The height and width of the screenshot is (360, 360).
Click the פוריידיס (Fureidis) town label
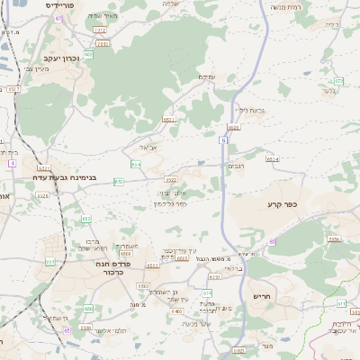(x=60, y=4)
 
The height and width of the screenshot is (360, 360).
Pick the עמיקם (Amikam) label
(x=207, y=76)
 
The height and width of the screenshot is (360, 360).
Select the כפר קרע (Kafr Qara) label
(x=282, y=205)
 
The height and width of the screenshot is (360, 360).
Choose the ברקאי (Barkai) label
(x=233, y=268)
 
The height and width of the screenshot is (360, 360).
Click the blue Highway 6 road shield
(x=222, y=139)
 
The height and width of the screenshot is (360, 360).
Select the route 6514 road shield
(x=272, y=158)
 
